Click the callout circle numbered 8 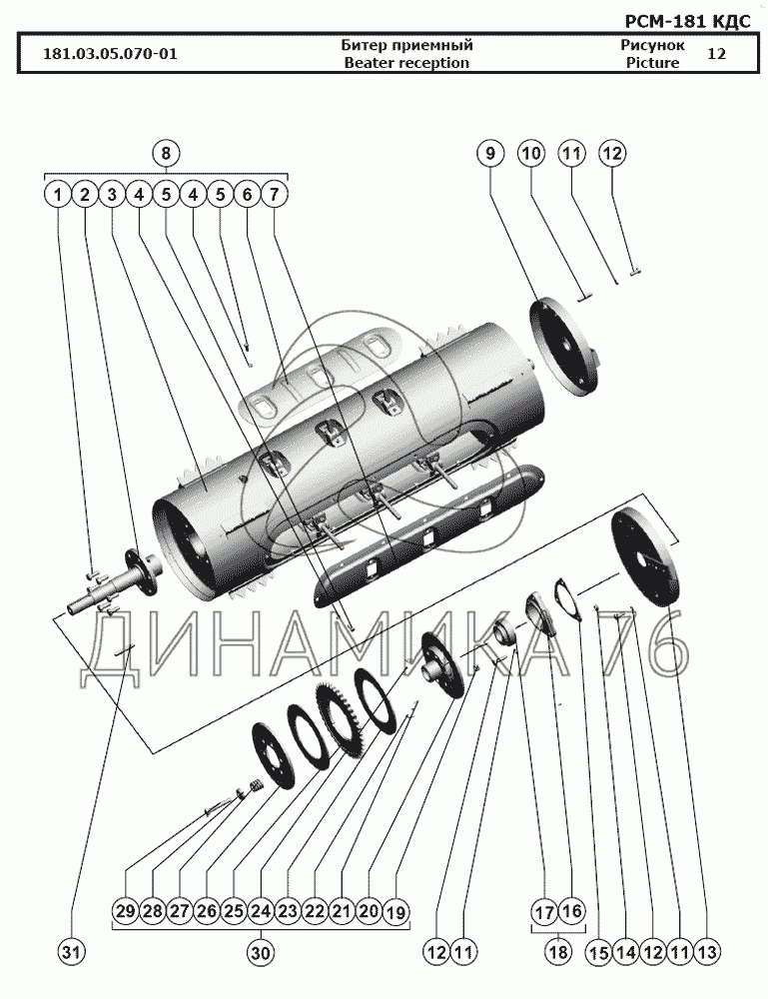[x=166, y=154]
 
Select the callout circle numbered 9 [x=489, y=154]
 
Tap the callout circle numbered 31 [x=71, y=952]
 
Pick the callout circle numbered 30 [x=261, y=952]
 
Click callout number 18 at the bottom [x=558, y=952]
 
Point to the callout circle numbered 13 [x=707, y=952]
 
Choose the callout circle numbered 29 [x=126, y=912]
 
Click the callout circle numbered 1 [x=58, y=195]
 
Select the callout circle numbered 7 [x=274, y=195]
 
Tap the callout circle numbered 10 [x=531, y=154]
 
